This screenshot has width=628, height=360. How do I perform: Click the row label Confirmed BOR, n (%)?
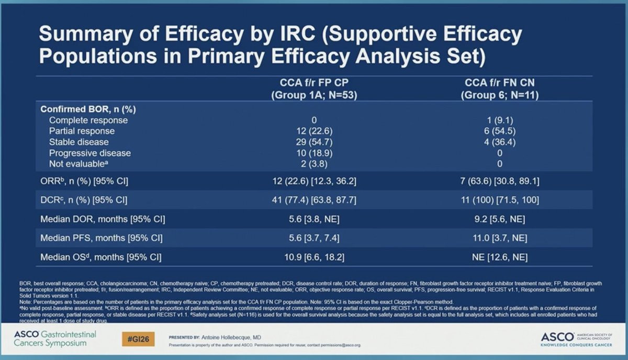[85, 109]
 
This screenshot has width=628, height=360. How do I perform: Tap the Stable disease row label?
[79, 142]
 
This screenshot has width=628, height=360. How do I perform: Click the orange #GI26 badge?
[138, 339]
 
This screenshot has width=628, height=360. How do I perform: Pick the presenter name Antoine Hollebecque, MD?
[230, 337]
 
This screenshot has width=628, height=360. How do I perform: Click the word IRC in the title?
[294, 36]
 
